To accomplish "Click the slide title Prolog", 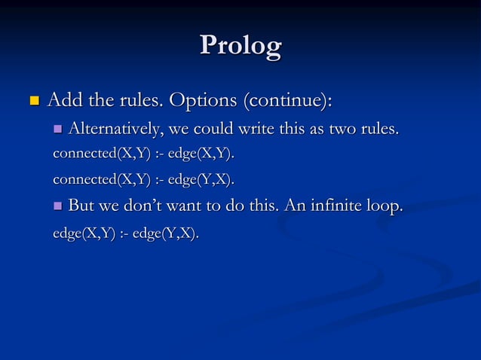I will [x=240, y=46].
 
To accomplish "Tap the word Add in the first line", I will [x=63, y=99].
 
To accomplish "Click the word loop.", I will [x=383, y=205].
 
